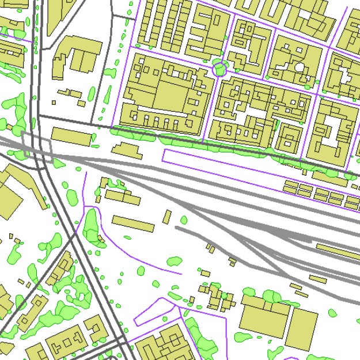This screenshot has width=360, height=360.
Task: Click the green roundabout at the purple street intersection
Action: click(219, 70)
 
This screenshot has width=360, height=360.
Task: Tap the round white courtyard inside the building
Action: click(299, 67)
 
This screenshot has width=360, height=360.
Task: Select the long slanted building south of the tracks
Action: click(133, 223)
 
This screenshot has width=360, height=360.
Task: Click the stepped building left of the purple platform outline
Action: click(126, 150)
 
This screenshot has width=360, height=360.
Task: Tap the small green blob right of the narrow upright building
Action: click(184, 220)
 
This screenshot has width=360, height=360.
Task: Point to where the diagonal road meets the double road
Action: click(74, 236)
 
